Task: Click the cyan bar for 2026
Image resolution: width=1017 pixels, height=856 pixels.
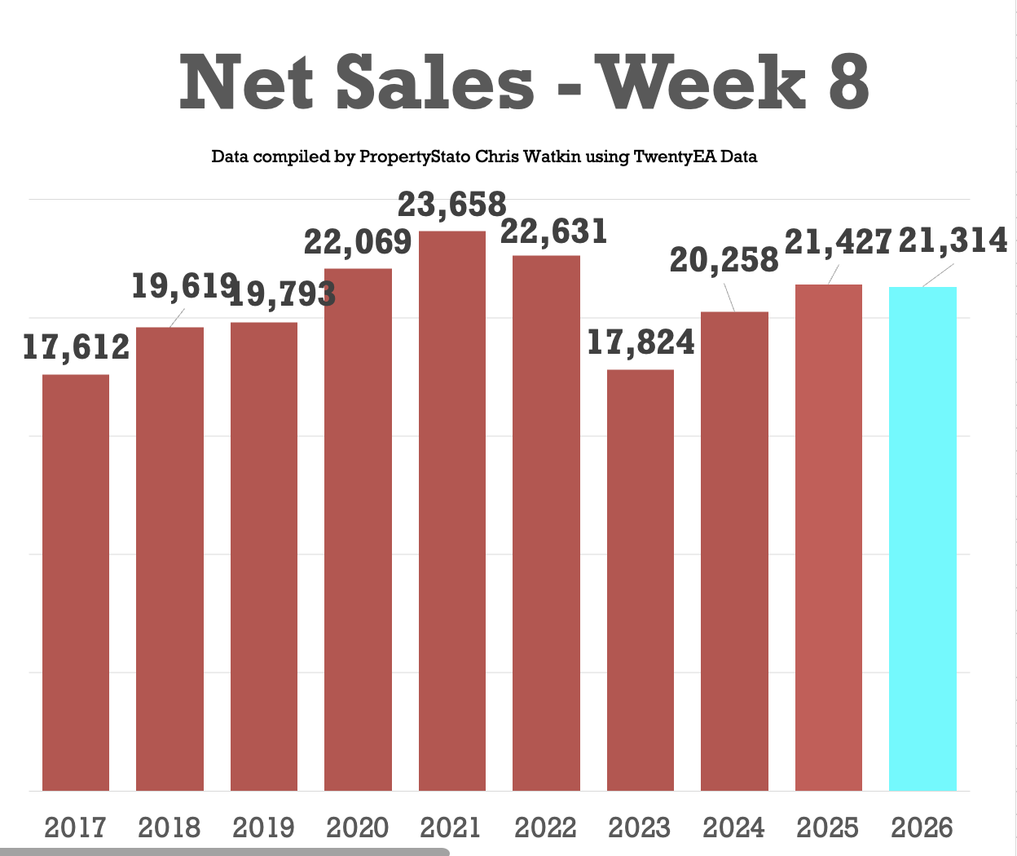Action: [922, 538]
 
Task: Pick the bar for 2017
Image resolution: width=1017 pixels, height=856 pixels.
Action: [76, 583]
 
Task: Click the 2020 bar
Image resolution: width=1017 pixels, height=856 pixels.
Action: [358, 530]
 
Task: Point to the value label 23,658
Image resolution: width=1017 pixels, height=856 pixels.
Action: [452, 205]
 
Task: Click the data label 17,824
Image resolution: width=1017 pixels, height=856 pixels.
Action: [641, 343]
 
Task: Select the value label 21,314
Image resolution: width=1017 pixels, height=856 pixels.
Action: [953, 240]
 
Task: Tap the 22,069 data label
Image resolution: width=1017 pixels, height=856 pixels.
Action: [358, 242]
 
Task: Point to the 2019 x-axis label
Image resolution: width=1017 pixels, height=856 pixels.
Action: [263, 828]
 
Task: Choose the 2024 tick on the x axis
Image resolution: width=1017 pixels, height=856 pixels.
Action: [734, 828]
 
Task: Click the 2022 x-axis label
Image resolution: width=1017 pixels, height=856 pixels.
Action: [546, 828]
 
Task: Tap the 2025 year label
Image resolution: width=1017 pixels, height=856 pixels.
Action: [828, 828]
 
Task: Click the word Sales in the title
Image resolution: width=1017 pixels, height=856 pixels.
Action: [435, 82]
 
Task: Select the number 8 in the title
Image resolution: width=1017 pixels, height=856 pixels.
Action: [849, 82]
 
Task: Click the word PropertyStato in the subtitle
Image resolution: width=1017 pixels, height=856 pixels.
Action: [414, 157]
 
